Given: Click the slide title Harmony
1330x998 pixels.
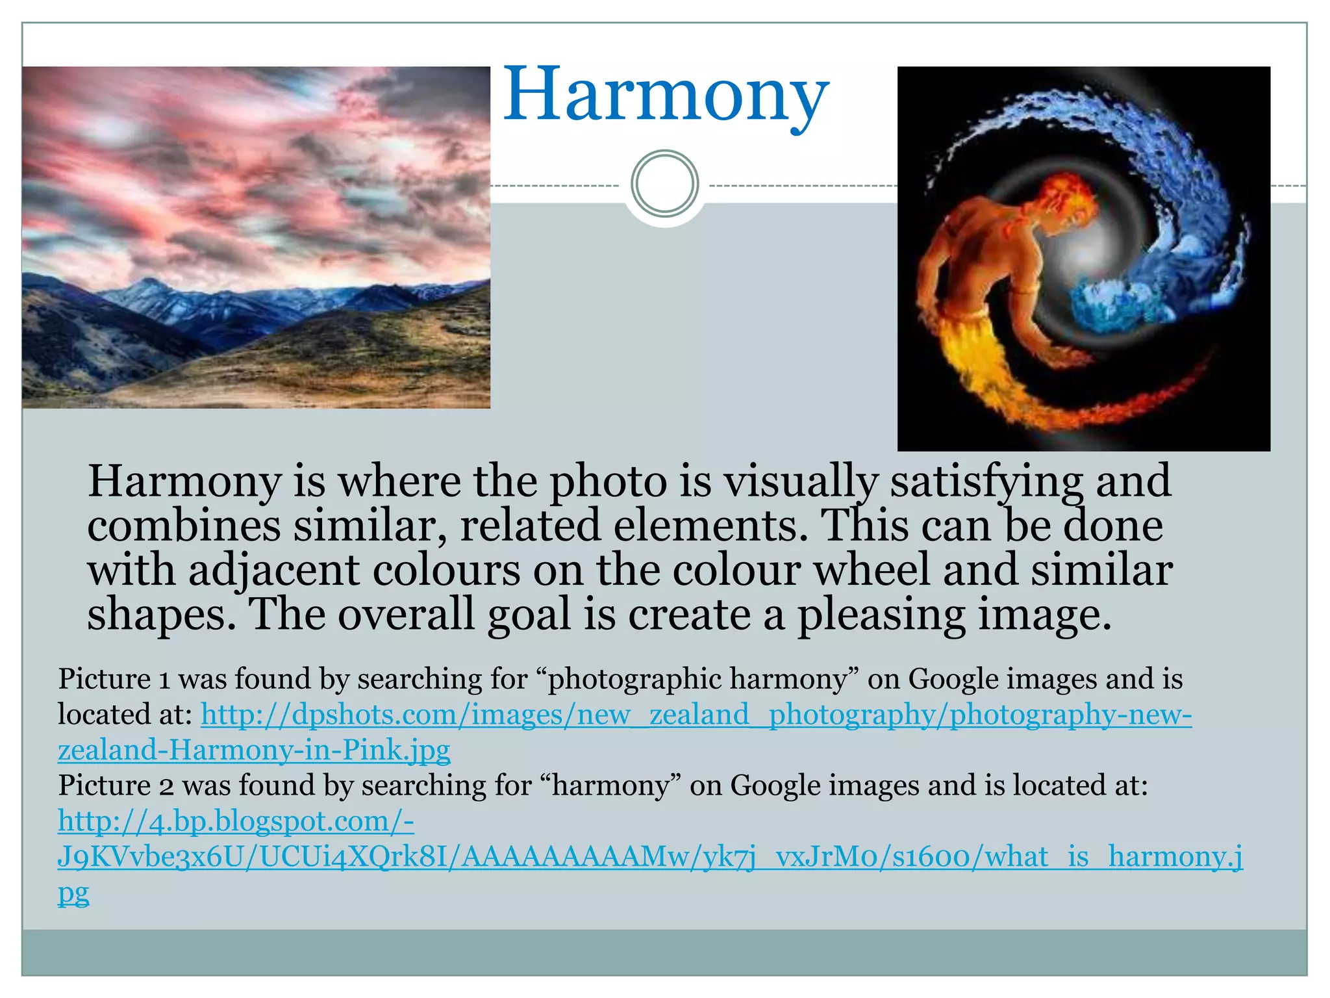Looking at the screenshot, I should pos(666,96).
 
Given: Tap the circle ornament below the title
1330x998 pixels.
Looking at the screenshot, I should pos(664,183).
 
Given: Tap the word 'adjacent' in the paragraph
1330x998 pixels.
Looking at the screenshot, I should pos(273,570).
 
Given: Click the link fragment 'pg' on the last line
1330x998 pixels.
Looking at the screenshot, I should pos(73,893).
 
